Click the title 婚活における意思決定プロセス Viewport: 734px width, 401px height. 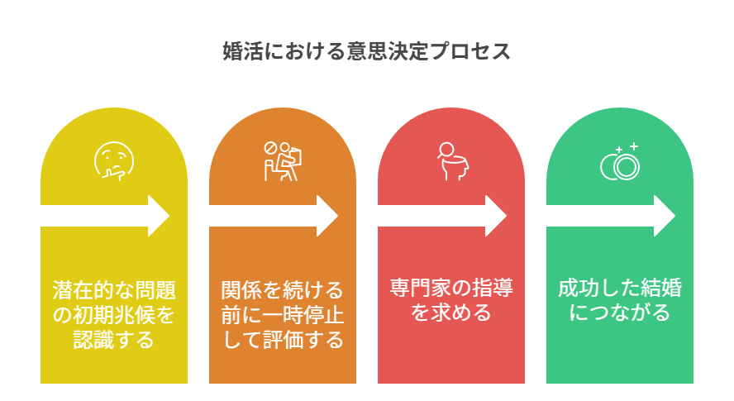coord(367,51)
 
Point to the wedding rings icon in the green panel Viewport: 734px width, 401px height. coord(621,163)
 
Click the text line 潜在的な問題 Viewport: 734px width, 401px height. coord(114,290)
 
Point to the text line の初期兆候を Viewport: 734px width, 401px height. coord(114,315)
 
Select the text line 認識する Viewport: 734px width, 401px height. coord(114,340)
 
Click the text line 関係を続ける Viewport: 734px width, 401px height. coord(283,290)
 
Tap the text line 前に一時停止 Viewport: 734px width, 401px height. coord(283,315)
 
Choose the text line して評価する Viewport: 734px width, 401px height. coord(283,340)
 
